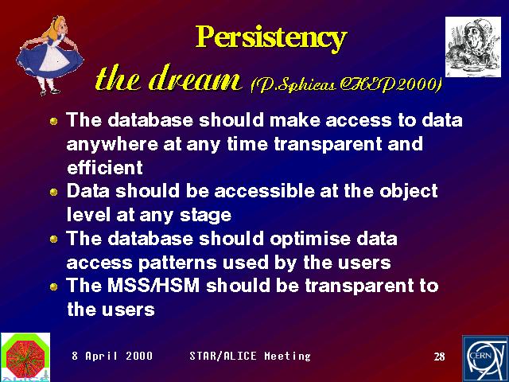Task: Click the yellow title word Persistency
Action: coord(271,38)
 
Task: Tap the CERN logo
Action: coord(485,359)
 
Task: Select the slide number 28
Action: coord(439,357)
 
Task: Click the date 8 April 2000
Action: coord(112,356)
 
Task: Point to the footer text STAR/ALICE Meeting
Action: coord(250,356)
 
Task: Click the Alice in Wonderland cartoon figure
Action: coord(49,56)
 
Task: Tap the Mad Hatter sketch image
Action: coord(473,47)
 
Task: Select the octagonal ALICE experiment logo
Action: coord(25,357)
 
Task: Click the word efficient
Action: coord(105,167)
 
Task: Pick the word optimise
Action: coord(310,240)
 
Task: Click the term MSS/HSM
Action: coord(153,286)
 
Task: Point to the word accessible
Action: coord(264,191)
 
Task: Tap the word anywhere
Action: coord(112,145)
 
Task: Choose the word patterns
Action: coord(177,263)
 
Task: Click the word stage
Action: coord(205,216)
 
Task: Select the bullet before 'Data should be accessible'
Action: coord(54,192)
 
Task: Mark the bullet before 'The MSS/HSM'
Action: coord(54,286)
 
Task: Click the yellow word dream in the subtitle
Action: coord(195,78)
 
